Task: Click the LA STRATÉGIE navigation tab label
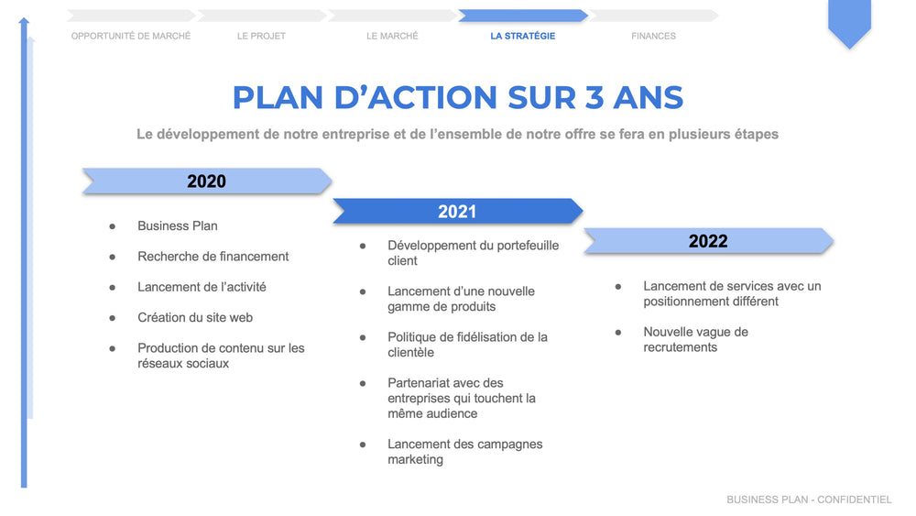522,36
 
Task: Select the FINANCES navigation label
653,36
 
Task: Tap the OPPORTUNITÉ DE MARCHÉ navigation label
131,36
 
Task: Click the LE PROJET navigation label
261,36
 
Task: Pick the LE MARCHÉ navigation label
392,36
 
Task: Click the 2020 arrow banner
206,181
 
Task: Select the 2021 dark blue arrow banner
457,212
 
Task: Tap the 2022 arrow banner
708,241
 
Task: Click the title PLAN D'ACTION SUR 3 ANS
457,97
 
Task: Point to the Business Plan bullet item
178,225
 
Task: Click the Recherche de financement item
213,257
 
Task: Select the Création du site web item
195,317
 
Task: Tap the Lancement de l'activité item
202,287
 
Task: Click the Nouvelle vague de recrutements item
695,339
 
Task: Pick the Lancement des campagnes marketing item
464,452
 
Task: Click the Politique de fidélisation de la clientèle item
467,345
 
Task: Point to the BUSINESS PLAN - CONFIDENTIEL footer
809,500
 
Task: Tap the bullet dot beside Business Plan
113,225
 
